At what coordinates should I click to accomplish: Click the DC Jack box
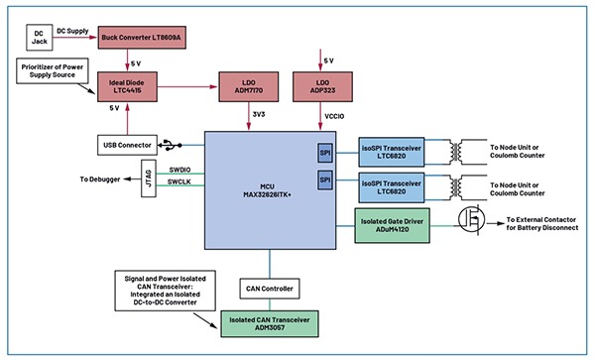coord(39,39)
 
